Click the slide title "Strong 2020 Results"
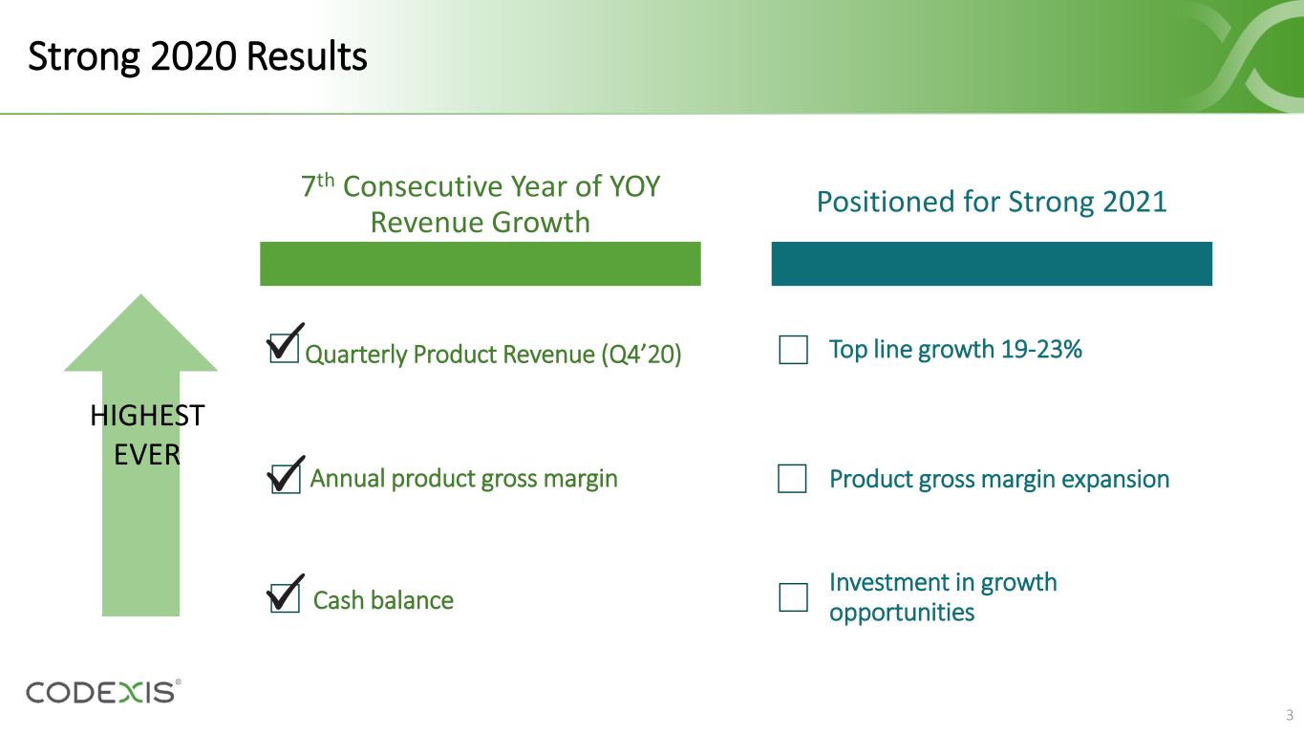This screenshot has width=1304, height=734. click(x=198, y=58)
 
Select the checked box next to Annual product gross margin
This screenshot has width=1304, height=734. click(x=284, y=478)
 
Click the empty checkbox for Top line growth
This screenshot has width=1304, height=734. click(x=793, y=351)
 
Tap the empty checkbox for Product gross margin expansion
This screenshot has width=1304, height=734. click(x=793, y=479)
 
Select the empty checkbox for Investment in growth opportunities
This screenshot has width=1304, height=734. click(x=793, y=597)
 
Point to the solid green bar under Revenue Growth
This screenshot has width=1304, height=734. click(x=481, y=264)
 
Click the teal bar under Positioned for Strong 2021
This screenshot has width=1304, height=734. click(x=992, y=264)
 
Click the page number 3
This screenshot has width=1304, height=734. click(x=1289, y=715)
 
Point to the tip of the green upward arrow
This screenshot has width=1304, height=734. click(x=140, y=298)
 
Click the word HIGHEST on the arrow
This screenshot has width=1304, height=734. click(x=147, y=416)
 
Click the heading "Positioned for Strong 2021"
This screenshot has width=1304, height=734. click(x=992, y=203)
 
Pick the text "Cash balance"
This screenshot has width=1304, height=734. click(x=383, y=600)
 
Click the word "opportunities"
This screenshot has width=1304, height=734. click(x=902, y=612)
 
